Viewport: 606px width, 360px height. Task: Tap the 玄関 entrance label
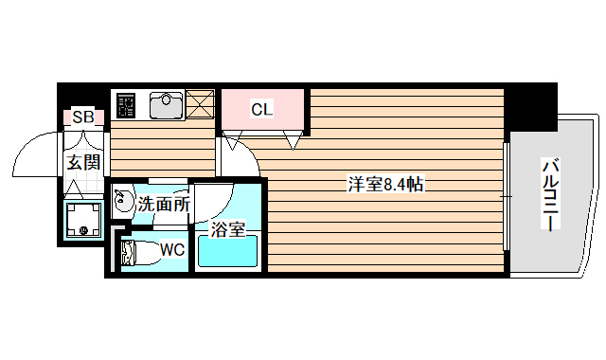pos(82,162)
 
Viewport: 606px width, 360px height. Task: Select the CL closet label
pos(261,109)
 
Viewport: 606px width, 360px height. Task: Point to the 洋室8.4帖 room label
pos(384,185)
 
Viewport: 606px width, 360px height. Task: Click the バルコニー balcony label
pos(548,194)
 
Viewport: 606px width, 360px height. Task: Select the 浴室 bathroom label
pos(229,228)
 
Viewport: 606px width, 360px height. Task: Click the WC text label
pos(171,250)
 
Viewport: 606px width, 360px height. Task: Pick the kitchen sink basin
pos(167,104)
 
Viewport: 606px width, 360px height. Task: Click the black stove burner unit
pos(126,105)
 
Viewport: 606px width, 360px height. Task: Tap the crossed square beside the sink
pos(200,104)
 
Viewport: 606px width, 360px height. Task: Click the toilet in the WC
pos(140,253)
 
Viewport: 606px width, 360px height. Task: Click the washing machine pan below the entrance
pos(83,220)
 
